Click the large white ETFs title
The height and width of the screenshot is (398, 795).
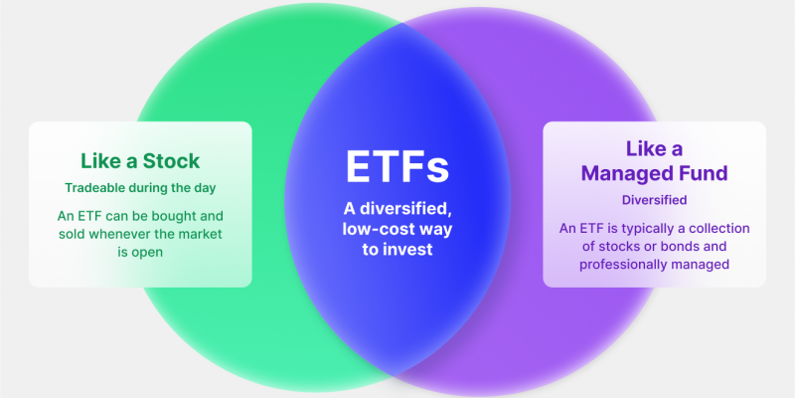click(397, 166)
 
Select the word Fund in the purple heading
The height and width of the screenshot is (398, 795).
click(707, 173)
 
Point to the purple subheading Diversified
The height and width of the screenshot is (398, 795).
click(654, 199)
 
